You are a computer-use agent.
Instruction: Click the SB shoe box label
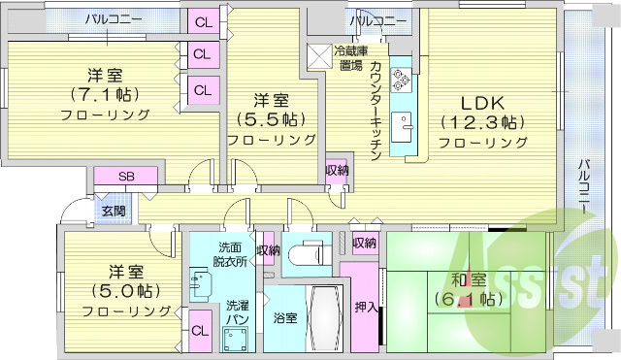tap(126, 177)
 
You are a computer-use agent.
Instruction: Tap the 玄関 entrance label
tap(113, 210)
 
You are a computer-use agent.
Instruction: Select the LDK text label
tap(482, 103)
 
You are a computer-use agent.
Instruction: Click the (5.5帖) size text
tap(272, 120)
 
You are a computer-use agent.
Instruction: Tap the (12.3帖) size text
tap(482, 122)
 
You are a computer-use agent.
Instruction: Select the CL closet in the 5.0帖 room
tap(200, 330)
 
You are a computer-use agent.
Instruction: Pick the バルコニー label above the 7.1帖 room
tap(114, 18)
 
